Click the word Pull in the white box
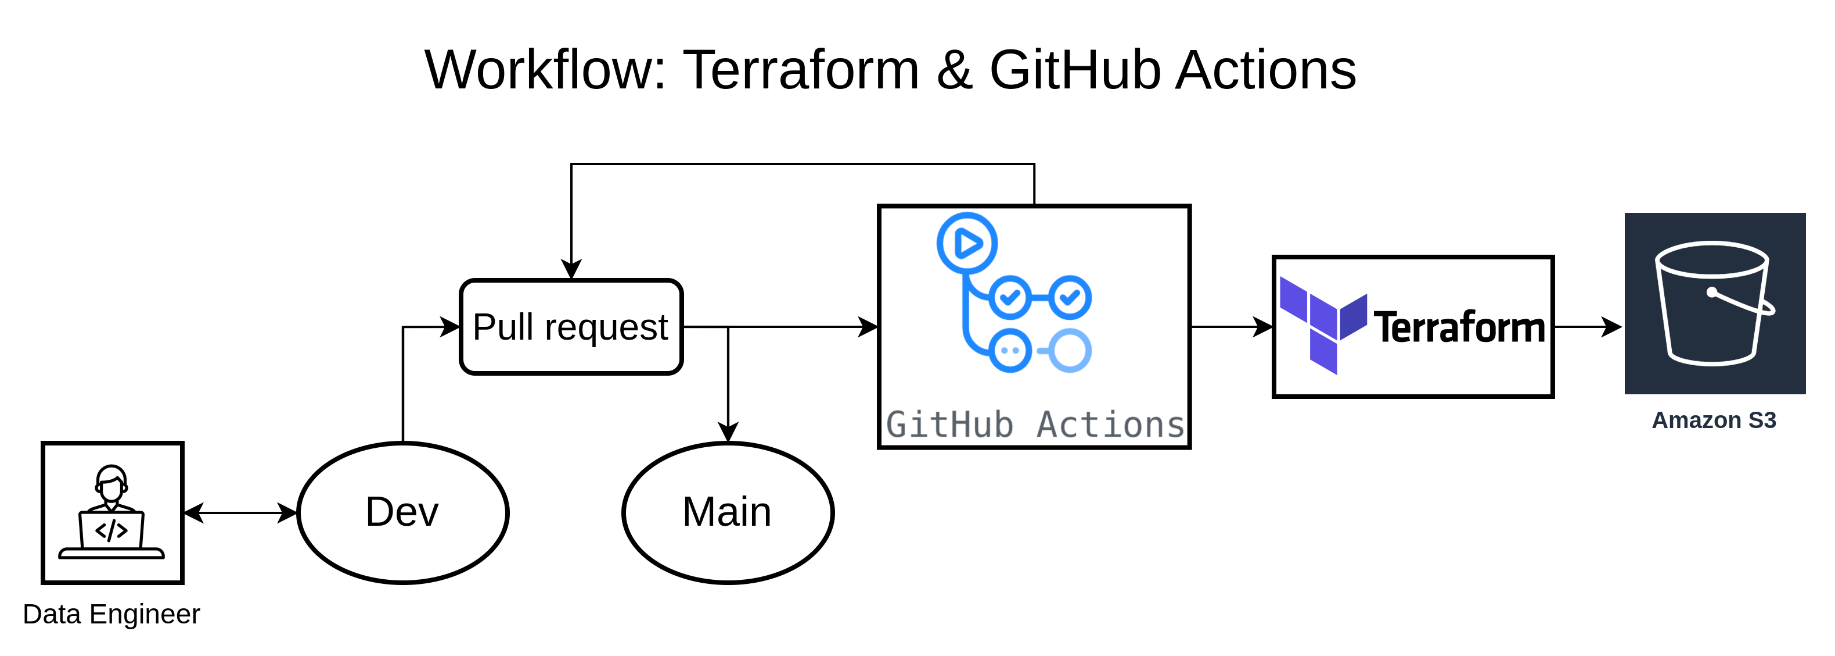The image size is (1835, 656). pos(503,327)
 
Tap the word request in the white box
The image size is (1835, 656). pos(606,329)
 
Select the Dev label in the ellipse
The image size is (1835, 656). pos(402,512)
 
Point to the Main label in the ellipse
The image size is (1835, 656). pos(726,512)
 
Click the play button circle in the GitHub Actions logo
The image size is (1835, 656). pos(967,243)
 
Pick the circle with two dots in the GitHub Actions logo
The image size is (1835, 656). pos(1009,350)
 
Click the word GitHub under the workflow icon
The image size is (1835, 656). pos(949,425)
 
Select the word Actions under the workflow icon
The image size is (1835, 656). pos(1110,425)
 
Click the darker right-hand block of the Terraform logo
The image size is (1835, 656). pos(1354,316)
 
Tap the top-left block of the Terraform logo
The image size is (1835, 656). pos(1294,299)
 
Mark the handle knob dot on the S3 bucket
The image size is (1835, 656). pos(1712,291)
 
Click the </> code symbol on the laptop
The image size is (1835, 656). pos(112,530)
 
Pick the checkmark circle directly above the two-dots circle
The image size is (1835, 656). pos(1009,297)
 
